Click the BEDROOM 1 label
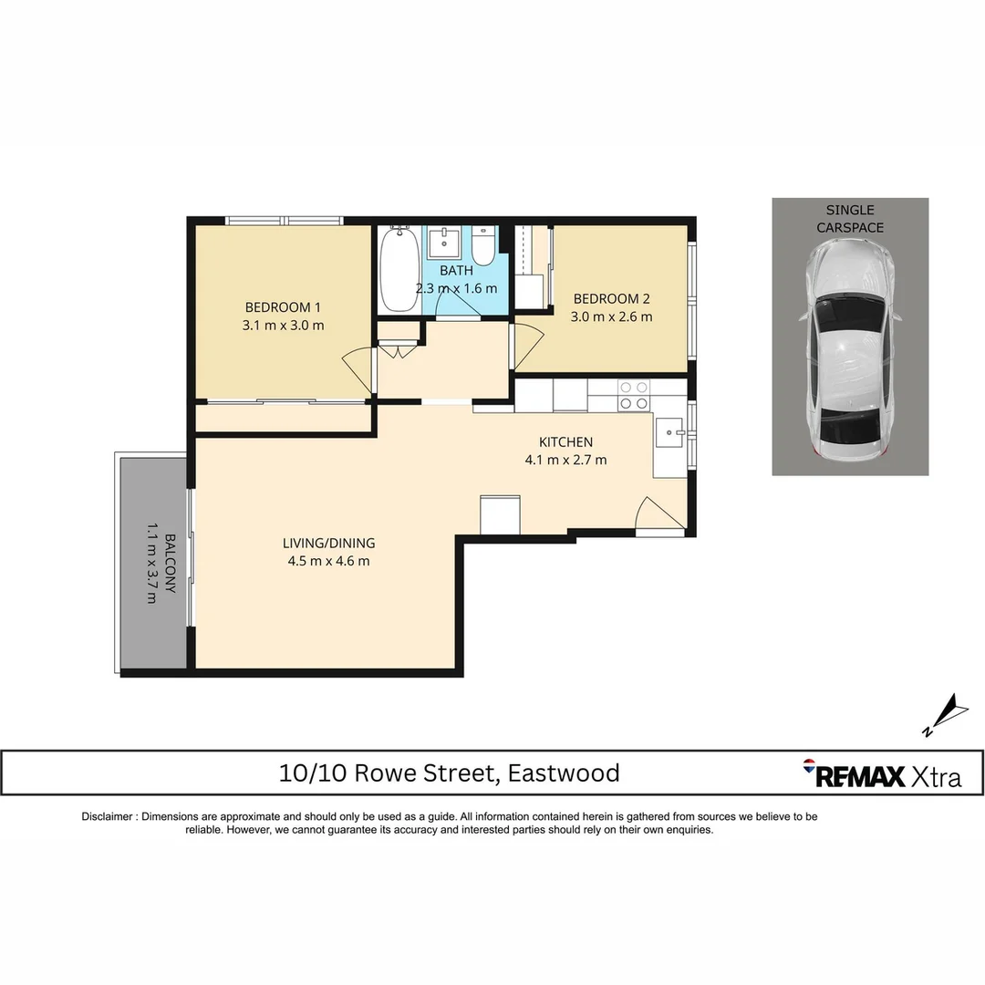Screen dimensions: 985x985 click(283, 307)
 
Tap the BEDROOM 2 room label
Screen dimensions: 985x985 click(612, 299)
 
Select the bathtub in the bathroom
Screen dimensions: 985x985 click(399, 269)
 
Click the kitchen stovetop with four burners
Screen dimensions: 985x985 click(634, 394)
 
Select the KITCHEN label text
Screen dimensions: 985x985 click(565, 442)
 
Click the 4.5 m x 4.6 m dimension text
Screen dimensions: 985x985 click(328, 561)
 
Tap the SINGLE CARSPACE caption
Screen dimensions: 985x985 click(850, 219)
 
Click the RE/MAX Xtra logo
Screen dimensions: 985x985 click(882, 773)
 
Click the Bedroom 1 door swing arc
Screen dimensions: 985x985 click(358, 369)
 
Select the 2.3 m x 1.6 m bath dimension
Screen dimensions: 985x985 click(457, 288)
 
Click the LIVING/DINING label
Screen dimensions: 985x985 click(328, 543)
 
